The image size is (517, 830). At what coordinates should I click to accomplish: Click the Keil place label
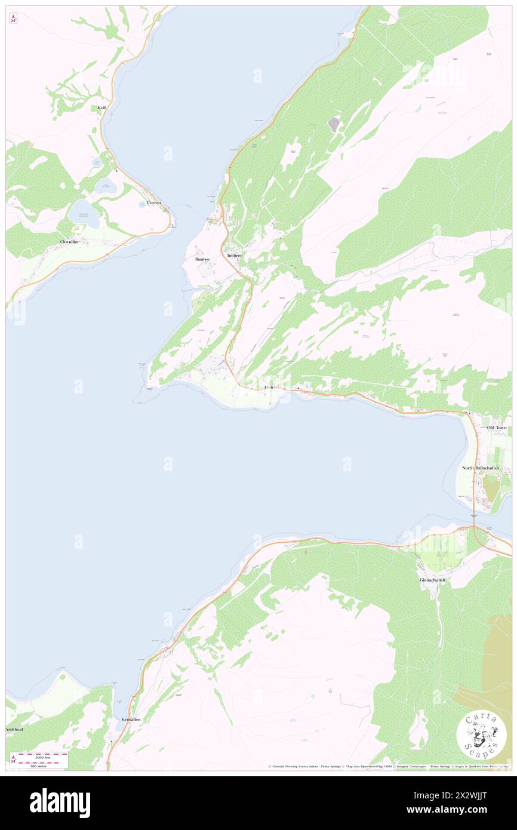pyautogui.click(x=101, y=108)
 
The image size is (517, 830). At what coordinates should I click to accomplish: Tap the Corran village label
pyautogui.click(x=154, y=203)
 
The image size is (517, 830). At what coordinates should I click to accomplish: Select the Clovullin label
pyautogui.click(x=69, y=241)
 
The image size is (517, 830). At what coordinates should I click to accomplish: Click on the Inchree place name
pyautogui.click(x=235, y=256)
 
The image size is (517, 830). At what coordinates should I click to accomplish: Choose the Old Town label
pyautogui.click(x=496, y=428)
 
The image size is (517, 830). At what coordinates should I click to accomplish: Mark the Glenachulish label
pyautogui.click(x=432, y=580)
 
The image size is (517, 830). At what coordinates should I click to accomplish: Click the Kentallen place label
pyautogui.click(x=131, y=720)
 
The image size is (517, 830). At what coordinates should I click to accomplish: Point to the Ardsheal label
pyautogui.click(x=16, y=730)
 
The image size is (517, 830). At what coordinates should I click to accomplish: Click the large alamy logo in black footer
pyautogui.click(x=60, y=803)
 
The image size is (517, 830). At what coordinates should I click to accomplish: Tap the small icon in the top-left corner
pyautogui.click(x=13, y=18)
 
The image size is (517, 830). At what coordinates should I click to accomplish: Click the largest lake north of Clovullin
pyautogui.click(x=84, y=214)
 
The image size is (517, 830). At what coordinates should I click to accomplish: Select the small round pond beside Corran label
pyautogui.click(x=107, y=186)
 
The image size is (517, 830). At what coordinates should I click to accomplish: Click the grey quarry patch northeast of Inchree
pyautogui.click(x=333, y=124)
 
